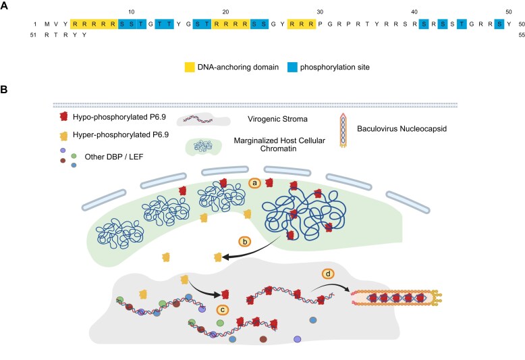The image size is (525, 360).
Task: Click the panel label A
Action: pyautogui.click(x=4, y=5)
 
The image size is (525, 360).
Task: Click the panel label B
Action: pyautogui.click(x=4, y=90)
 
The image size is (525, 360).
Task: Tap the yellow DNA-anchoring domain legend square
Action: pyautogui.click(x=190, y=67)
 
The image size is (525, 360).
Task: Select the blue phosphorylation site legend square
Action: pyautogui.click(x=292, y=67)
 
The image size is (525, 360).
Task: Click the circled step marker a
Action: pyautogui.click(x=255, y=183)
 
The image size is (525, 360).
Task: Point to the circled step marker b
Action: pyautogui.click(x=245, y=242)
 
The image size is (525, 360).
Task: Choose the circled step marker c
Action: pyautogui.click(x=222, y=310)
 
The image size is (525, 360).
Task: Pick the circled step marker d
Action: pyautogui.click(x=328, y=274)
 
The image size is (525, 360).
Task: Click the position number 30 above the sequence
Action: pyautogui.click(x=320, y=12)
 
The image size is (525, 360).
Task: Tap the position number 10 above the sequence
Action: pyautogui.click(x=131, y=12)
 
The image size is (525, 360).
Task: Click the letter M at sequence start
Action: pyautogui.click(x=47, y=24)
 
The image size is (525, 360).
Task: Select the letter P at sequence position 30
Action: pyautogui.click(x=321, y=24)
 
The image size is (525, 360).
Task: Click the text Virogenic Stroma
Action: pyautogui.click(x=277, y=119)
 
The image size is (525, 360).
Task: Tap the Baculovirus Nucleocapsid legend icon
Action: pyautogui.click(x=343, y=130)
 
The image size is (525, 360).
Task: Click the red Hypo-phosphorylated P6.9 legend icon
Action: pyautogui.click(x=63, y=117)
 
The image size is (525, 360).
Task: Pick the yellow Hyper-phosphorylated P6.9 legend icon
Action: pyautogui.click(x=63, y=136)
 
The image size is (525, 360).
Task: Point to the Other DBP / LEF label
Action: pyautogui.click(x=114, y=157)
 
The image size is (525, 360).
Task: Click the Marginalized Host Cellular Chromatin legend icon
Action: pyautogui.click(x=203, y=147)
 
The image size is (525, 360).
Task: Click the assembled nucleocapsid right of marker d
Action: pyautogui.click(x=396, y=298)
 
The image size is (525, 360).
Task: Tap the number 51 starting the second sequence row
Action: pyautogui.click(x=33, y=35)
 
